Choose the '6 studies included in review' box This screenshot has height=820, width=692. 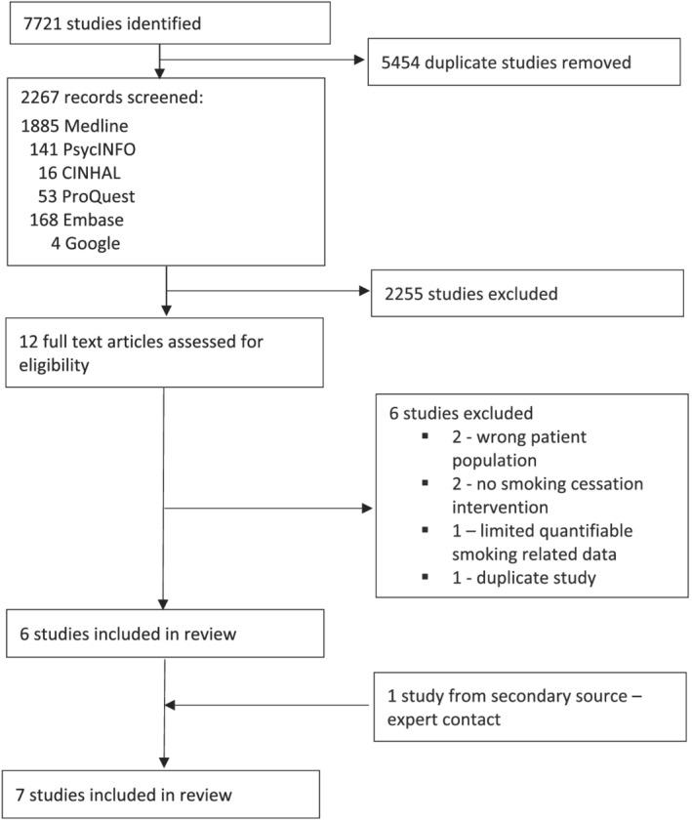[x=164, y=635]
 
